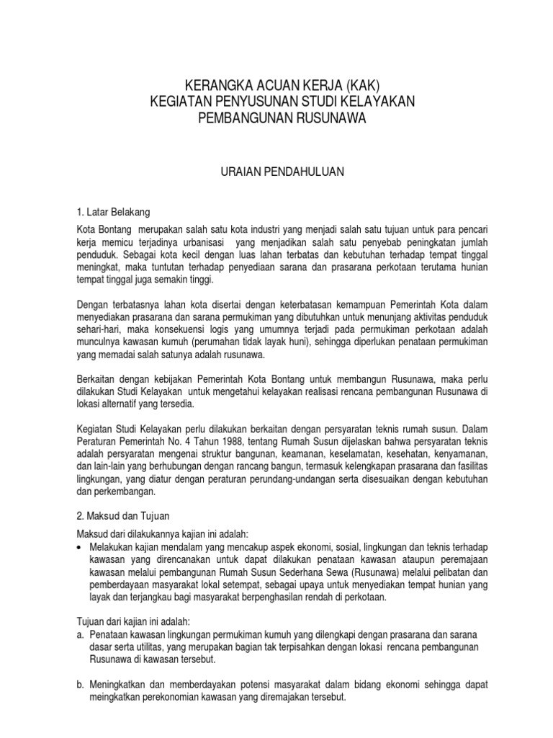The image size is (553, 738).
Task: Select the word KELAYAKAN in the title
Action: (x=373, y=102)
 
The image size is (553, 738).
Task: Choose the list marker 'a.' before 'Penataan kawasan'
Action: (x=81, y=633)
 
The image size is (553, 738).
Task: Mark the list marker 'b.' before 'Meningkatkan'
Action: (x=81, y=685)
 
